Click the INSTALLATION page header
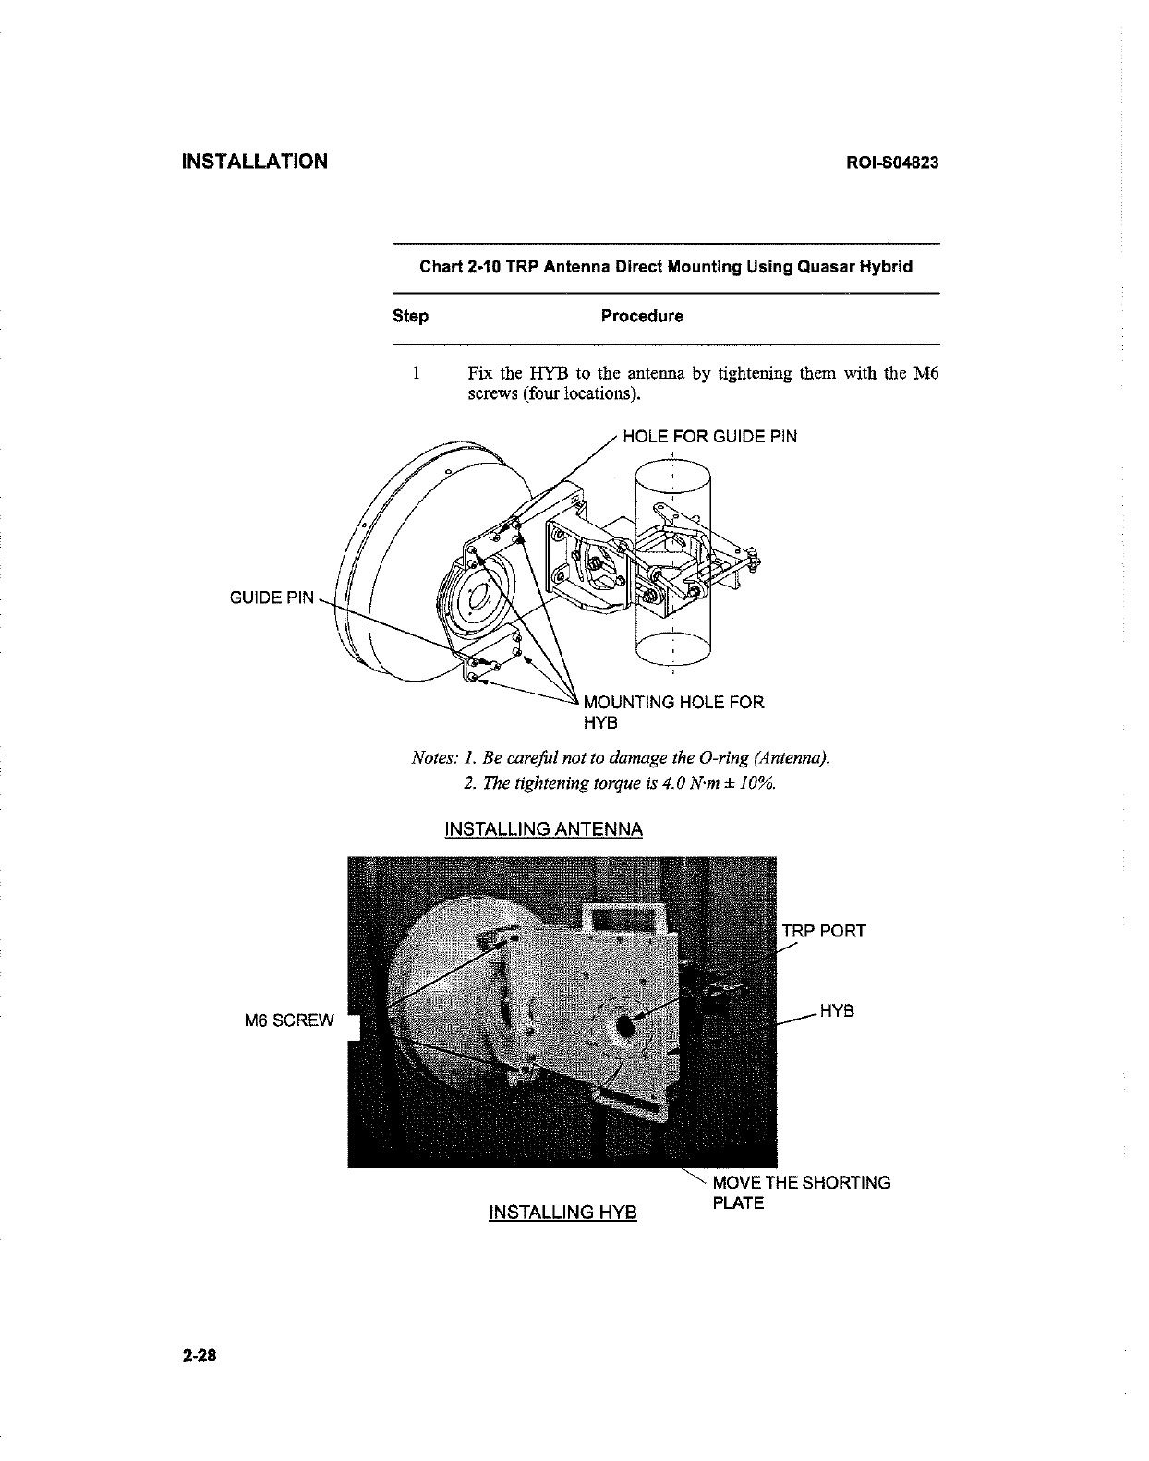[x=254, y=162]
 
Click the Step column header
[x=410, y=316]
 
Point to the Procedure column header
[x=642, y=316]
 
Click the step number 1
[x=417, y=374]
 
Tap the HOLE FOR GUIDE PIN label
[x=709, y=437]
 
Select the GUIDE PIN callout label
[x=272, y=598]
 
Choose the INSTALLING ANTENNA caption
[x=543, y=828]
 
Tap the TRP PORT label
[x=824, y=930]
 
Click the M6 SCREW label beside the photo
[x=288, y=1020]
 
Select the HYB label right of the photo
[x=837, y=1011]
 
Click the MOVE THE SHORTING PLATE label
[x=801, y=1192]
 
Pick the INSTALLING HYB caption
[x=562, y=1211]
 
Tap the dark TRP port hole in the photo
[x=626, y=1025]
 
